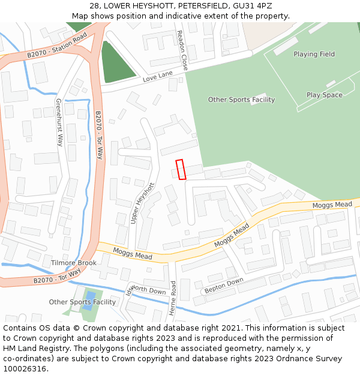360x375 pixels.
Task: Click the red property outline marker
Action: coord(181,169)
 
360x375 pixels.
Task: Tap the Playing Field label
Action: coord(314,54)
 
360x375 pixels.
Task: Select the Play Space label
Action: coord(324,95)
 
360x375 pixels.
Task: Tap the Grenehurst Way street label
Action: coord(59,122)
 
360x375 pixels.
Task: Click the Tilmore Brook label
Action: coord(74,263)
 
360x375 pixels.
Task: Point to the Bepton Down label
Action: coord(224,286)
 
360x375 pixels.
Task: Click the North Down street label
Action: coord(148,291)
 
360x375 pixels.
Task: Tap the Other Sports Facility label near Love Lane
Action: coord(241,100)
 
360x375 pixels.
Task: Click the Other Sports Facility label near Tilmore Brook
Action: coord(82,302)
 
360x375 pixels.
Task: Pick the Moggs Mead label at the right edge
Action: coord(332,205)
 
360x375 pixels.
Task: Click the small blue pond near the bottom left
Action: coord(90,297)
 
